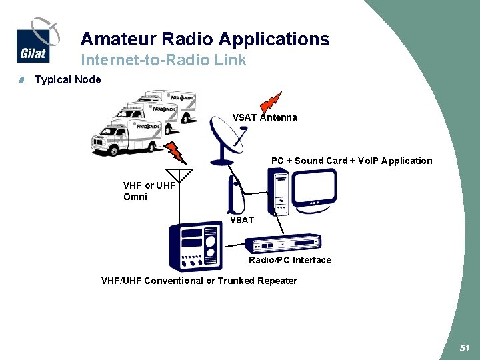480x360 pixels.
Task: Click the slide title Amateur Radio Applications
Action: [x=205, y=39]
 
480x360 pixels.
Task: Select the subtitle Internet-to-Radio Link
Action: [x=163, y=60]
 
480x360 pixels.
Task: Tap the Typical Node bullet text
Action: [x=68, y=80]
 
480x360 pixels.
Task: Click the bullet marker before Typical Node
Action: [x=21, y=81]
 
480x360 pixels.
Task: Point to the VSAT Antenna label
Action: [x=265, y=117]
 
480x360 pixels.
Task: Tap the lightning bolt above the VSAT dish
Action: [x=270, y=101]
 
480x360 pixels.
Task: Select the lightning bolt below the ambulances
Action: [x=176, y=151]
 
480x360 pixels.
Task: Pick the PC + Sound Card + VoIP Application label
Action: [x=351, y=161]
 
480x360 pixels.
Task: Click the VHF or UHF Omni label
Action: [x=149, y=191]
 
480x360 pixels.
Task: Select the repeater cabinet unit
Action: [x=193, y=247]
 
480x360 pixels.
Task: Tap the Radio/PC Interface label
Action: [x=290, y=260]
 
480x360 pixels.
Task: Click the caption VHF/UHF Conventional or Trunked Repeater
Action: [x=199, y=281]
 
